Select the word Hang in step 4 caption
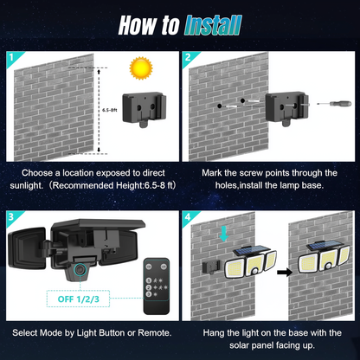tap(214, 332)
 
